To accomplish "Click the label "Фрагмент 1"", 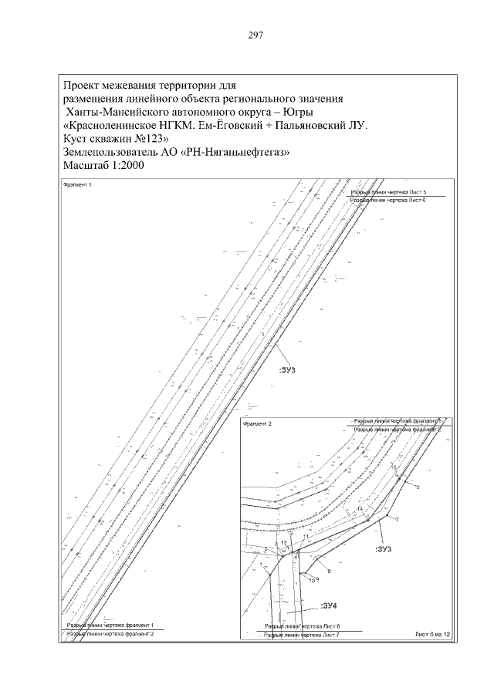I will [x=77, y=186].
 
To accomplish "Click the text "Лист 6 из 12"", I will [x=431, y=634].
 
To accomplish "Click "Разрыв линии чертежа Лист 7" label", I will [x=302, y=635].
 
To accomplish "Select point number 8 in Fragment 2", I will [x=329, y=571].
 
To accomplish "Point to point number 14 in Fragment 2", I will [x=360, y=509].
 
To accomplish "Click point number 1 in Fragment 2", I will [x=262, y=567].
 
